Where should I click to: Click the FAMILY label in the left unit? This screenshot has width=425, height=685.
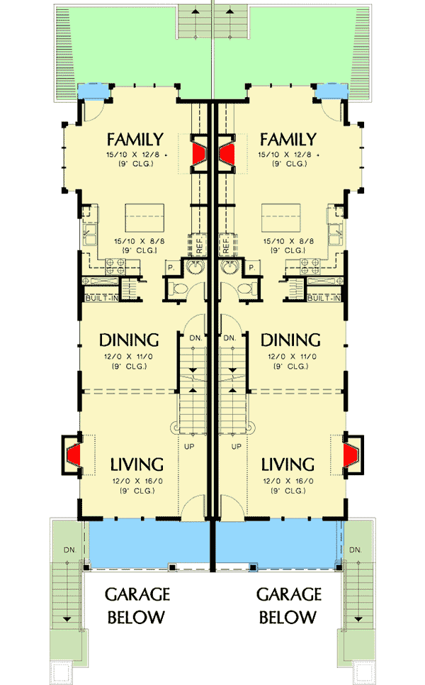135,139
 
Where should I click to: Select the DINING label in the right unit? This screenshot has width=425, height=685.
290,340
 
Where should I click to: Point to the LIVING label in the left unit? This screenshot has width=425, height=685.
137,465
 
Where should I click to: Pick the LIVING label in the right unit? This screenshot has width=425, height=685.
288,465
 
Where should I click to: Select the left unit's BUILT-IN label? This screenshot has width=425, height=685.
101,299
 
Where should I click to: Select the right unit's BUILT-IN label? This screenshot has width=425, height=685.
325,299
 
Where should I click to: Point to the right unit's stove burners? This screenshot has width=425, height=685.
309,267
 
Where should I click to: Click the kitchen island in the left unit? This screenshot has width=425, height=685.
144,214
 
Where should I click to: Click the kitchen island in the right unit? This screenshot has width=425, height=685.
280,214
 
